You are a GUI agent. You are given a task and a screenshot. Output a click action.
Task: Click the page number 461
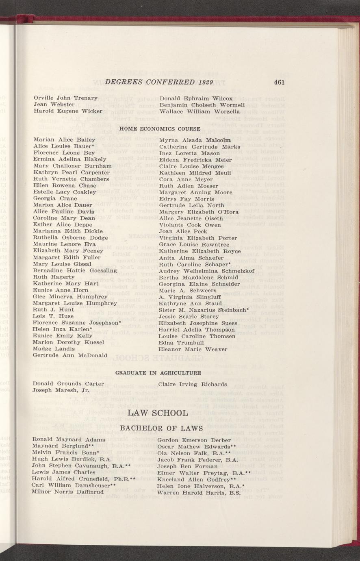tap(279, 82)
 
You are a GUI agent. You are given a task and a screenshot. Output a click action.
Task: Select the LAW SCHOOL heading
tap(158, 413)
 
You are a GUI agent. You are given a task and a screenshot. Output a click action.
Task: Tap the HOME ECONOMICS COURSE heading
tap(159, 129)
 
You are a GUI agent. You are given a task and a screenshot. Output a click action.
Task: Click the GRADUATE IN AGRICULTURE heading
tap(158, 373)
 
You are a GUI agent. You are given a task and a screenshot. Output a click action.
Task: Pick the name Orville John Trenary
tap(65, 98)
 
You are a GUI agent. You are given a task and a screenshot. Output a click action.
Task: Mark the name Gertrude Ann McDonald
tap(70, 355)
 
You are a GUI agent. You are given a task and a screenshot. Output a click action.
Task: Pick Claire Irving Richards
tap(193, 384)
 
